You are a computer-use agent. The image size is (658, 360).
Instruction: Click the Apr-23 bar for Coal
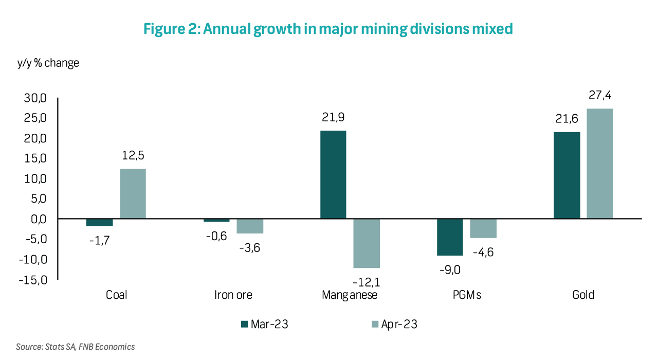pos(133,194)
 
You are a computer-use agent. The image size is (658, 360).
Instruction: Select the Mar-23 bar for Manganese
pos(333,175)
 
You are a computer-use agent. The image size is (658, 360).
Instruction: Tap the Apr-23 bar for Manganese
pos(367,243)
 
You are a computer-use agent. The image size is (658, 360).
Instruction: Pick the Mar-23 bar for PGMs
pos(450,237)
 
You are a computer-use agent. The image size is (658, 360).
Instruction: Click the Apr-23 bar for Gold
pos(600,164)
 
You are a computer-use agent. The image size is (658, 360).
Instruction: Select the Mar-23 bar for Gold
pos(567,175)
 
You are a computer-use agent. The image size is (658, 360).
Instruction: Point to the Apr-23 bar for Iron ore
pos(250,226)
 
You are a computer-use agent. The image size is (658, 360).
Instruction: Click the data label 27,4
pos(600,96)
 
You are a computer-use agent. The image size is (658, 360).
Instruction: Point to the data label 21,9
pos(333,118)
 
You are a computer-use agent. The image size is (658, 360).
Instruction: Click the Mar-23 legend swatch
pos(244,324)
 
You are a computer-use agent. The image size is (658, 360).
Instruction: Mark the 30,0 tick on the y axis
pos(35,98)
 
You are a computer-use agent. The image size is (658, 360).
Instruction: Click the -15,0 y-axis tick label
pos(33,280)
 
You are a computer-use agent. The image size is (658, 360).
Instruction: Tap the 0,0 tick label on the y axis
pos(38,219)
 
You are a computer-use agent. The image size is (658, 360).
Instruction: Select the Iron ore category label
pos(233,295)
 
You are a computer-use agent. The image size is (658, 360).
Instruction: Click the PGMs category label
pos(466,295)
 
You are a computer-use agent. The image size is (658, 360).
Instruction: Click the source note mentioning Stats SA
pos(75,347)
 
